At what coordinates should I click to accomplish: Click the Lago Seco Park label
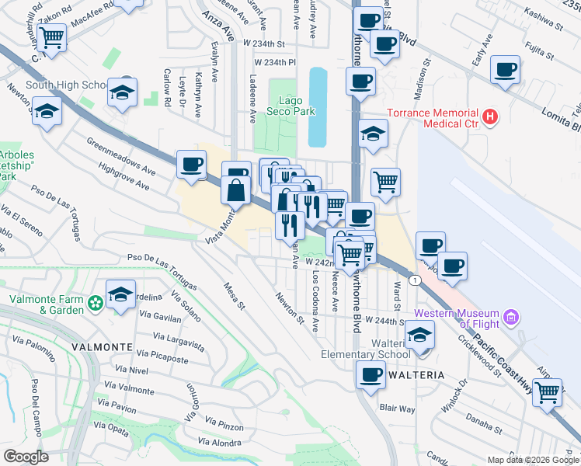pyautogui.click(x=298, y=106)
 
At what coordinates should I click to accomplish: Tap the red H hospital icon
pyautogui.click(x=490, y=117)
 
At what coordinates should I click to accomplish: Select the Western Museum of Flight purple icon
pyautogui.click(x=510, y=317)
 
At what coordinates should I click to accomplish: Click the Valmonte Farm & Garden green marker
pyautogui.click(x=95, y=302)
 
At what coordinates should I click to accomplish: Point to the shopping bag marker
pyautogui.click(x=236, y=190)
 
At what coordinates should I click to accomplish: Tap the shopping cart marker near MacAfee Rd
pyautogui.click(x=51, y=37)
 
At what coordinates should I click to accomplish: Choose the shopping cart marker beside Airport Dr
pyautogui.click(x=548, y=392)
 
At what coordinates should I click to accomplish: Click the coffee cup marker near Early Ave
pyautogui.click(x=506, y=71)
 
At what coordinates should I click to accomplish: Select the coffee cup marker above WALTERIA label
pyautogui.click(x=371, y=375)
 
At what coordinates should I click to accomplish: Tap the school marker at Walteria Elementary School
pyautogui.click(x=420, y=335)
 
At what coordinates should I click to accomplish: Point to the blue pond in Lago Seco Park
pyautogui.click(x=318, y=106)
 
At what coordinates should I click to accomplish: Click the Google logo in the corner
pyautogui.click(x=25, y=457)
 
